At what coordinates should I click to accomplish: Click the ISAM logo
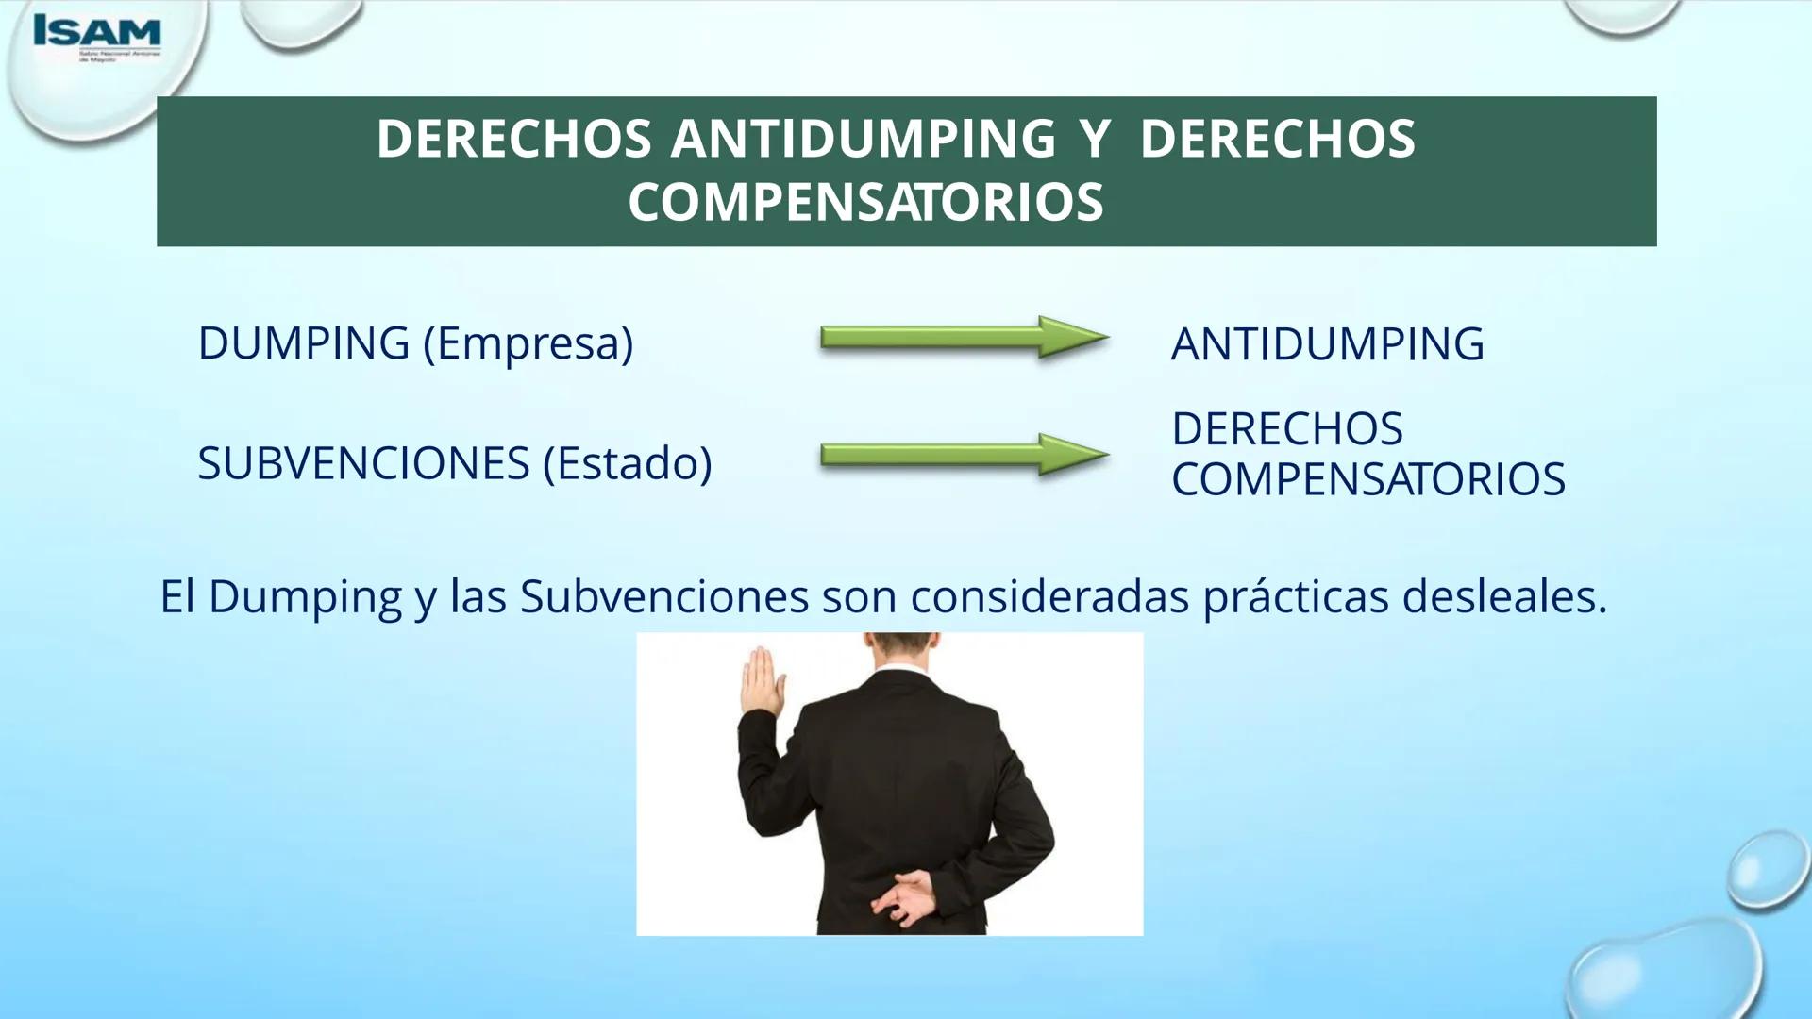pos(97,35)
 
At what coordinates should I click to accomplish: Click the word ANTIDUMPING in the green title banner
pos(863,139)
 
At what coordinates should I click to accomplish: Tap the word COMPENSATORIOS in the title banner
pos(865,202)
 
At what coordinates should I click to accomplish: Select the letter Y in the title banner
pos(1095,139)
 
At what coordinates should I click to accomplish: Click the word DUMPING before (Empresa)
pos(303,342)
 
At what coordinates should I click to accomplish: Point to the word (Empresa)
pos(528,343)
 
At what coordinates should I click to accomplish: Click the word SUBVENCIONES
pos(363,463)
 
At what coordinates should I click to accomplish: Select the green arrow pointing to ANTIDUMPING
pos(964,337)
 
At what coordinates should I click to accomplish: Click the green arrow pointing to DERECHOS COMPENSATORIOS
pos(964,455)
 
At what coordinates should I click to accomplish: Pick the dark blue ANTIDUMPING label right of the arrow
pos(1327,344)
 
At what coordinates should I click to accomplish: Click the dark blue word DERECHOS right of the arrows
pos(1286,429)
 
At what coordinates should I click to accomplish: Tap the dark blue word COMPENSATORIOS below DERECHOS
pos(1367,479)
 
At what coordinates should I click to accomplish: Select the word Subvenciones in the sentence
pos(663,596)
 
